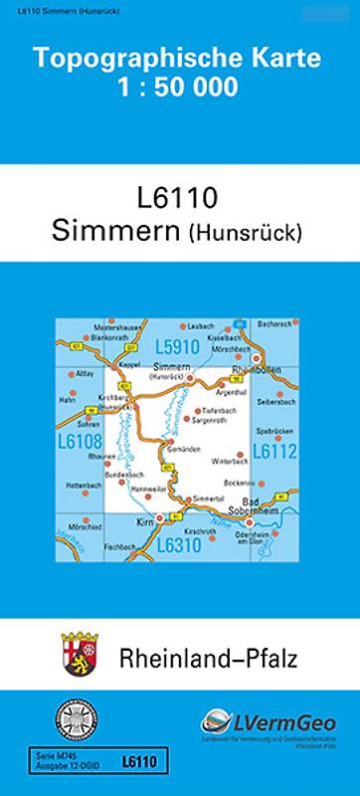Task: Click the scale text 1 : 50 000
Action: tap(180, 87)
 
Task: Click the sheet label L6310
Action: tap(180, 544)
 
